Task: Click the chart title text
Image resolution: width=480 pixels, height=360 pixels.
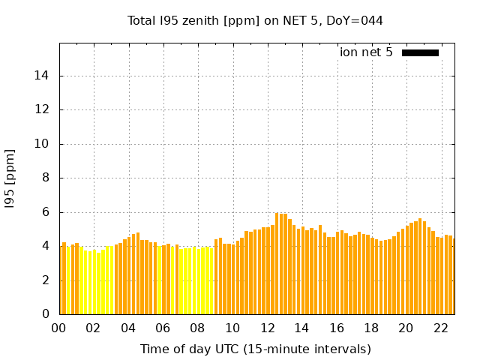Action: pos(255,20)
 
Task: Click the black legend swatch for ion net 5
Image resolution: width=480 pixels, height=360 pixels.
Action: pos(420,52)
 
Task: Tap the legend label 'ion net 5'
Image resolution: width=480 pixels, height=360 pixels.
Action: pos(366,52)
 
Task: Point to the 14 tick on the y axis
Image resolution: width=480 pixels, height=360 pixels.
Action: pos(44,76)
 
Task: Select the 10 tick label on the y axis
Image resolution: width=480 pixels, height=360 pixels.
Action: pos(44,144)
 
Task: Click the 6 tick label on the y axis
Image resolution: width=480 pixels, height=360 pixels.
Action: pos(47,212)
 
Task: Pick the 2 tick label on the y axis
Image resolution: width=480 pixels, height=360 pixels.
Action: pos(47,280)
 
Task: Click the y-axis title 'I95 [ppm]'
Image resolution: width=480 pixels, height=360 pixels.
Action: pos(10,178)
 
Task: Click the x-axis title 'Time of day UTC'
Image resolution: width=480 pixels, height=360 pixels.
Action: pos(255,349)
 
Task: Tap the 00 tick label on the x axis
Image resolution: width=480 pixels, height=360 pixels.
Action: pos(58,328)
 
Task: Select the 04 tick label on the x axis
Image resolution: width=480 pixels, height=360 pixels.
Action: pos(128,328)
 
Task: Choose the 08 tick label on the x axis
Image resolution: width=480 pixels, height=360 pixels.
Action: pos(197,328)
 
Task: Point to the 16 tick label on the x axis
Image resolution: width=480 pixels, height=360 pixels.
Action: pos(337,328)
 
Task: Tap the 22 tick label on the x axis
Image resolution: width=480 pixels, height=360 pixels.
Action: pos(441,328)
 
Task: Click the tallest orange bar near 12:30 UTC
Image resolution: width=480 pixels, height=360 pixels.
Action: pos(277,262)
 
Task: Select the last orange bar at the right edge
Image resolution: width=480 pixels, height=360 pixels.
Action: pos(453,276)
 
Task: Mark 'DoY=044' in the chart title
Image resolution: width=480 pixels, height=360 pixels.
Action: pos(355,20)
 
